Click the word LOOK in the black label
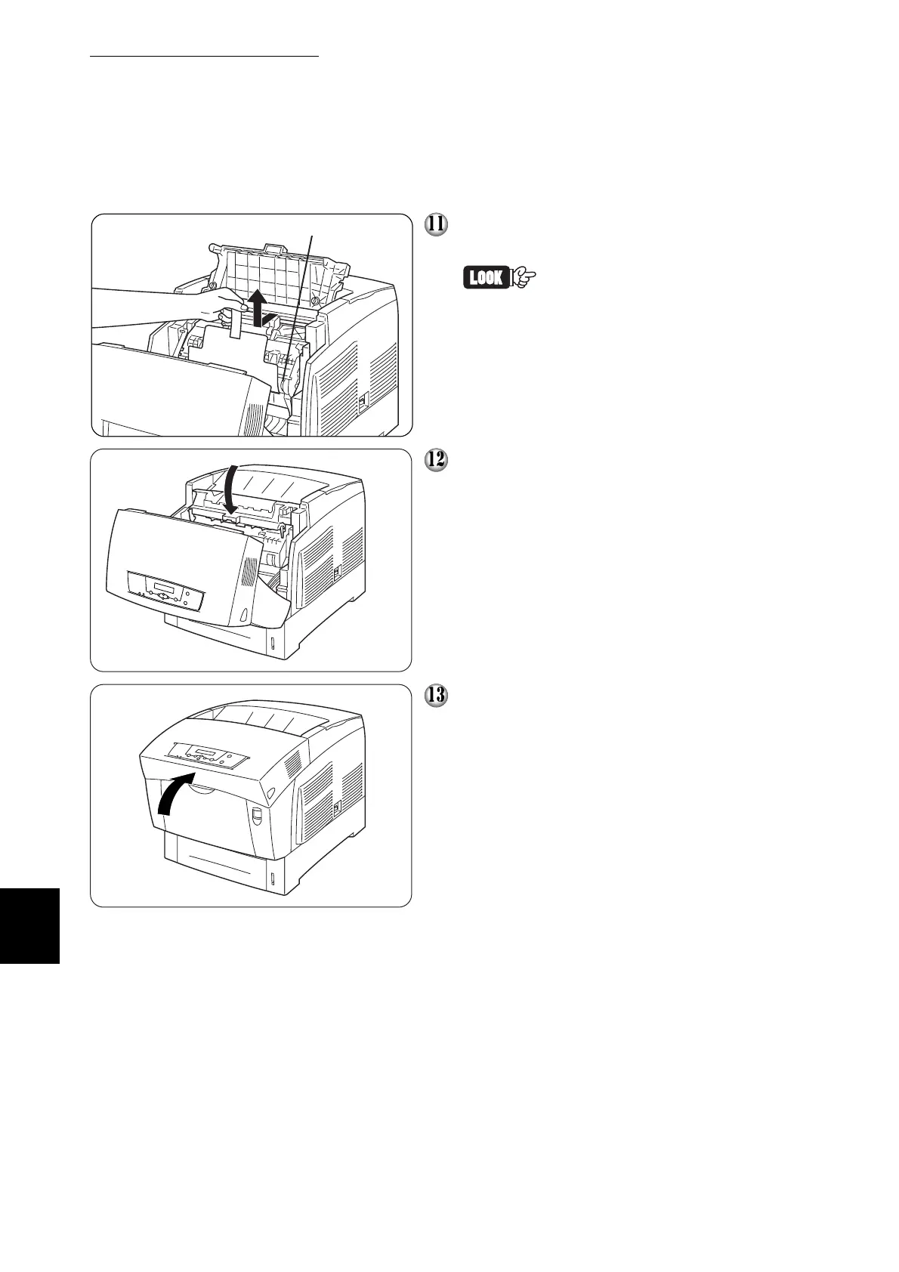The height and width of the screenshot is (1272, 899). tap(486, 278)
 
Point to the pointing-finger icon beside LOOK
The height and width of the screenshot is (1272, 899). tap(526, 278)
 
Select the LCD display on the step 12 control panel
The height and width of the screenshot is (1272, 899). tap(165, 586)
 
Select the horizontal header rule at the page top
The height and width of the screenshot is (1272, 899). tap(205, 56)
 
